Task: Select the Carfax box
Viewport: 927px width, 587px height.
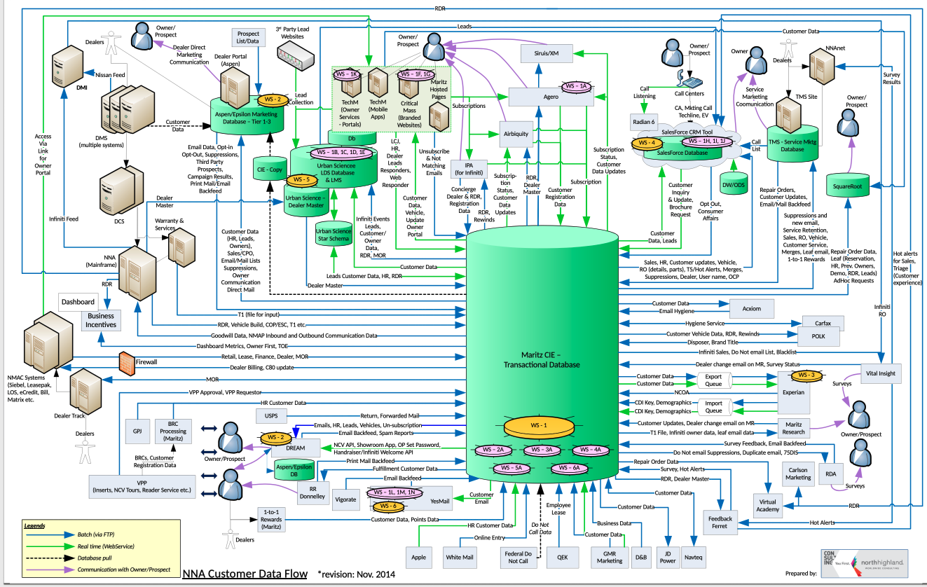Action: [823, 324]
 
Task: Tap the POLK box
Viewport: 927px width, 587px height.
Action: [818, 336]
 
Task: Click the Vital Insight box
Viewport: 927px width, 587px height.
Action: [880, 373]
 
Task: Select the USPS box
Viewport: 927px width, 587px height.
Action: [271, 416]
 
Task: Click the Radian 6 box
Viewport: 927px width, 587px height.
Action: [643, 121]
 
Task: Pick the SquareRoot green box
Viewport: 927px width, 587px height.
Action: [846, 187]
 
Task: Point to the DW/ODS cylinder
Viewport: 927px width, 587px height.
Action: [733, 187]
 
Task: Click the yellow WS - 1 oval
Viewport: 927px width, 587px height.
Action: [538, 425]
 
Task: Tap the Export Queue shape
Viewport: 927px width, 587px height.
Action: [713, 380]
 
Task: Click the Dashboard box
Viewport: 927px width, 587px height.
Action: [77, 302]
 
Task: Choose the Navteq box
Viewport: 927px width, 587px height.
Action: [692, 558]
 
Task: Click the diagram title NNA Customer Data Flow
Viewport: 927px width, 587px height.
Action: [245, 574]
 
